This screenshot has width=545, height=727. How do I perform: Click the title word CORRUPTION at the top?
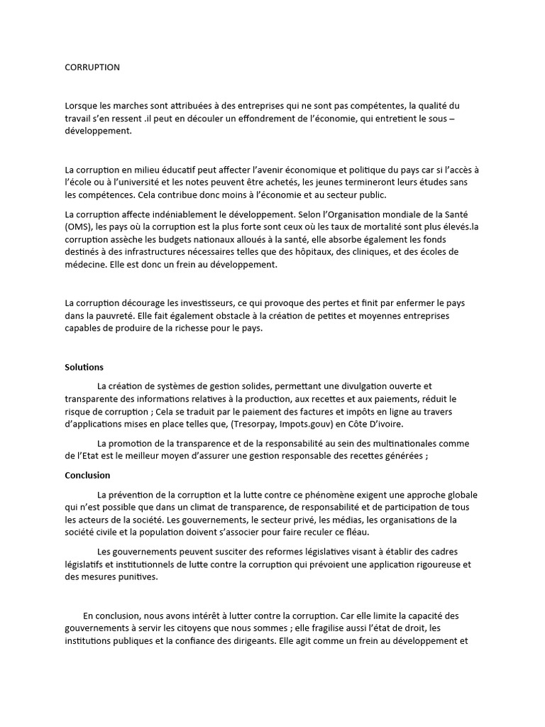[x=92, y=67]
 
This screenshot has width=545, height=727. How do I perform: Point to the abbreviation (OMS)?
[x=77, y=226]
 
